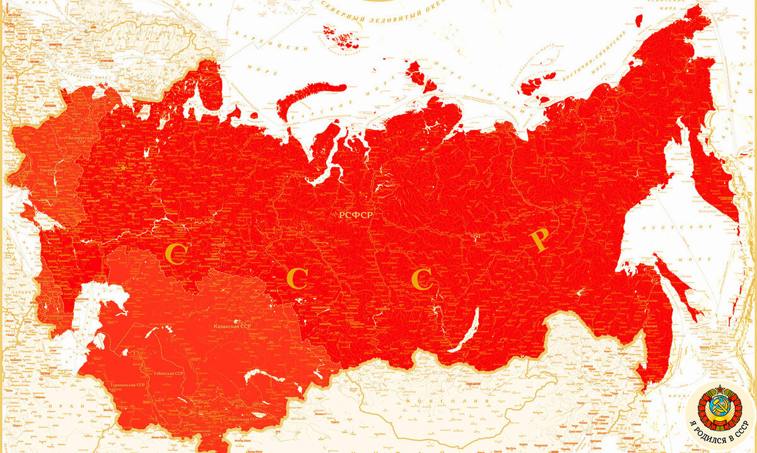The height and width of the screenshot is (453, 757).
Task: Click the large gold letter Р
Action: click(x=539, y=241)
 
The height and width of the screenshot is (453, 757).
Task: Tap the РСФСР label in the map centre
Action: click(x=356, y=215)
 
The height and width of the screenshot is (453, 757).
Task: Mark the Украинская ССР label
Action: click(x=50, y=170)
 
